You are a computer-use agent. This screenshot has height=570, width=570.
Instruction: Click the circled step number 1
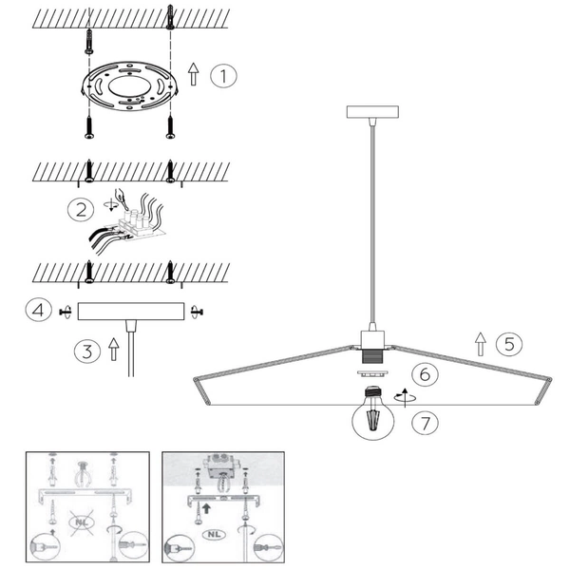click(223, 76)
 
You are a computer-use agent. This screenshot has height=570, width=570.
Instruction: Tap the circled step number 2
click(81, 210)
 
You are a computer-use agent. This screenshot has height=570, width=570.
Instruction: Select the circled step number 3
click(87, 351)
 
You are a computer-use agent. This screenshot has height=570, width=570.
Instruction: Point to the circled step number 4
click(39, 310)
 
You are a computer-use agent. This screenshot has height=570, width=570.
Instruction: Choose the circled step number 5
click(509, 344)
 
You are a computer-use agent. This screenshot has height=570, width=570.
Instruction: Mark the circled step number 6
click(425, 374)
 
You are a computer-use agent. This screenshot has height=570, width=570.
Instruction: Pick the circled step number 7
click(425, 423)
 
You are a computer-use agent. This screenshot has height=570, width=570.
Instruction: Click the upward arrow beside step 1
click(194, 74)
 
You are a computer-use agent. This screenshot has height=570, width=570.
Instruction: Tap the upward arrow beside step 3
click(114, 350)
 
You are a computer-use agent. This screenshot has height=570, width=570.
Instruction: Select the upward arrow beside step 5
click(481, 344)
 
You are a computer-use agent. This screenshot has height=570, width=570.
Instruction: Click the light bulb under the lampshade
click(373, 413)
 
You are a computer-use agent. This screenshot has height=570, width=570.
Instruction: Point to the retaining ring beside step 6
click(372, 373)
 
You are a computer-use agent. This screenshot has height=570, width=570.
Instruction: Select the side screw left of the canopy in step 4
click(66, 312)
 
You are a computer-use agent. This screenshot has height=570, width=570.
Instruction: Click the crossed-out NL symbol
click(82, 522)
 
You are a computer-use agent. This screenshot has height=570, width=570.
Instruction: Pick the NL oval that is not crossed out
click(214, 534)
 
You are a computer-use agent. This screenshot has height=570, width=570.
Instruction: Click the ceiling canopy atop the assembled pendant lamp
click(372, 112)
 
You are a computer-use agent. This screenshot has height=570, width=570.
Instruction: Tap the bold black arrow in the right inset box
click(206, 508)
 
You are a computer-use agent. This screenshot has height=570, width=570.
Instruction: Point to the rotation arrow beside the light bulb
click(405, 397)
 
